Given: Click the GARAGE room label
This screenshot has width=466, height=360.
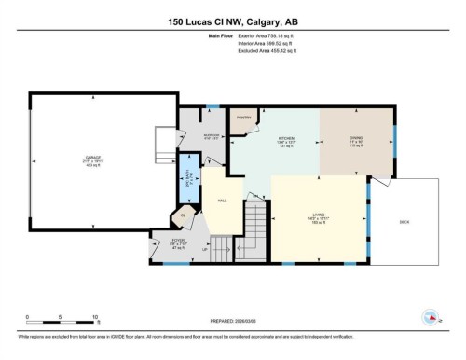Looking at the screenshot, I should point(93,159).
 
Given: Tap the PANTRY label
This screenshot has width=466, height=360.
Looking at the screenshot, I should point(244,118).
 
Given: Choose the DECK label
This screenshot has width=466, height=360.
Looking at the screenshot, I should point(404,222).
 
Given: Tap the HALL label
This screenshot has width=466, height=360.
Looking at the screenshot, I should point(223,200).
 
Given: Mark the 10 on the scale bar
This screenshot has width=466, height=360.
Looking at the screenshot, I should point(95,317).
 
